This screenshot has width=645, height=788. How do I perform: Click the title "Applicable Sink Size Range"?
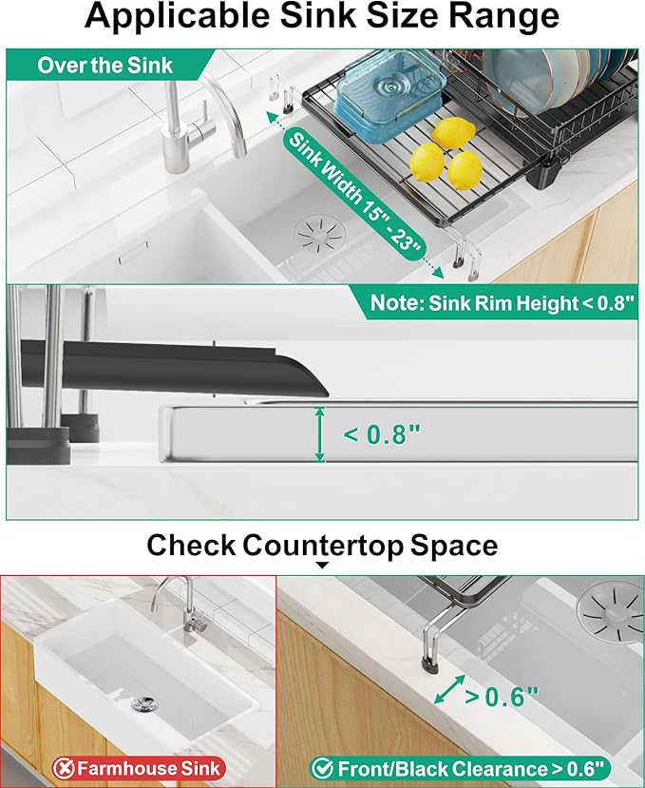click(x=321, y=15)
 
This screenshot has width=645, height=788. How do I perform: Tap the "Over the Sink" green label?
click(x=105, y=66)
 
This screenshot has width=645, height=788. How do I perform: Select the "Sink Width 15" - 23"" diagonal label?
click(x=355, y=196)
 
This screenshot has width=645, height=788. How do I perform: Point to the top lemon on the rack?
click(x=453, y=133)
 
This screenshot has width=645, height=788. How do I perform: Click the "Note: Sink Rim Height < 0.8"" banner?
click(x=503, y=303)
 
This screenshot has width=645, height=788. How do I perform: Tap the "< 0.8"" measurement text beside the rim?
click(x=381, y=434)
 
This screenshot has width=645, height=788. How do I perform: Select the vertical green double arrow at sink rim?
click(x=319, y=434)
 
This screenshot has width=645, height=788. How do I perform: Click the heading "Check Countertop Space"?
click(x=322, y=546)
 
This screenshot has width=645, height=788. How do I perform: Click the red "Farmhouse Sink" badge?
click(x=139, y=768)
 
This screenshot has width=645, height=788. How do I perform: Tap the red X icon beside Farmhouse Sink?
click(x=65, y=768)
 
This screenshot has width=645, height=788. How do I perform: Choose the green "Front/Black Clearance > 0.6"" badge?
click(x=460, y=768)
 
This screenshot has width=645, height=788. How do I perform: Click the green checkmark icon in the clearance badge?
click(x=322, y=768)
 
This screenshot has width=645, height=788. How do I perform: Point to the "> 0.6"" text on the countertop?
click(x=502, y=697)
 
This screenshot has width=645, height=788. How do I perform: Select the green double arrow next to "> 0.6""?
click(x=449, y=689)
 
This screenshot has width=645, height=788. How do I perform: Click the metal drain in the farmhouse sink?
click(x=144, y=703)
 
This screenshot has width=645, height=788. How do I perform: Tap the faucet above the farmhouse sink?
click(x=180, y=604)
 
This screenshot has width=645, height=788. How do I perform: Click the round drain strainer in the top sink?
click(x=320, y=234)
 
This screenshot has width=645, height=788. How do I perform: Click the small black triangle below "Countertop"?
click(x=322, y=565)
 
